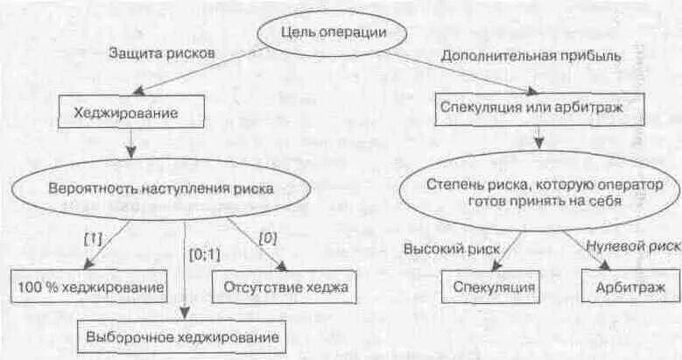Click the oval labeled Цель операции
click(332, 33)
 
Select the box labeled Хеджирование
click(131, 112)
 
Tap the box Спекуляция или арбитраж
click(539, 109)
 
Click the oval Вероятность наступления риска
click(161, 187)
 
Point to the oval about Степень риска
click(539, 193)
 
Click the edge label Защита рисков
click(162, 53)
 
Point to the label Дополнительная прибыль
click(531, 55)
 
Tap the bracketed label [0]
click(268, 236)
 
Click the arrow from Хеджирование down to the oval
click(130, 143)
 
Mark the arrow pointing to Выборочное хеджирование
click(186, 272)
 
